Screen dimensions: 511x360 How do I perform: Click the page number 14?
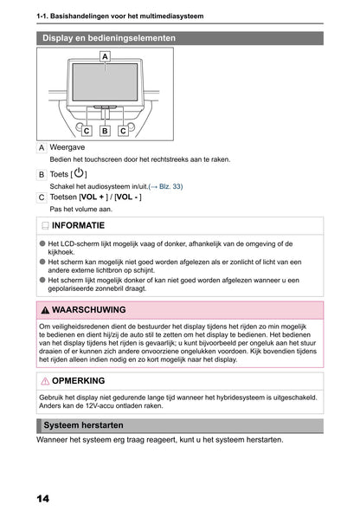[43, 499]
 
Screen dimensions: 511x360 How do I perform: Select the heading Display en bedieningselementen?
[109, 38]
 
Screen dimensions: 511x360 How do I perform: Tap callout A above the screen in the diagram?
[105, 55]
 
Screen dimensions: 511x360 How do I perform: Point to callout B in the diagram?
[105, 131]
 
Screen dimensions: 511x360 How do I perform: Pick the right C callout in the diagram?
[124, 131]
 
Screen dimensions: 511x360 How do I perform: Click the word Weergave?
[67, 148]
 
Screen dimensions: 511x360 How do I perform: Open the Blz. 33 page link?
[167, 186]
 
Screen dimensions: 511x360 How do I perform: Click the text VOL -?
[127, 197]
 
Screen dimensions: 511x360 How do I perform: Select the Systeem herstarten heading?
[83, 426]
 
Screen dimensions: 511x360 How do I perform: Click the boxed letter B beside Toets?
[42, 174]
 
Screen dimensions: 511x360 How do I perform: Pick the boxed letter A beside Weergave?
[42, 148]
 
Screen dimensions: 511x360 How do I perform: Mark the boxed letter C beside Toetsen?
[42, 197]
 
